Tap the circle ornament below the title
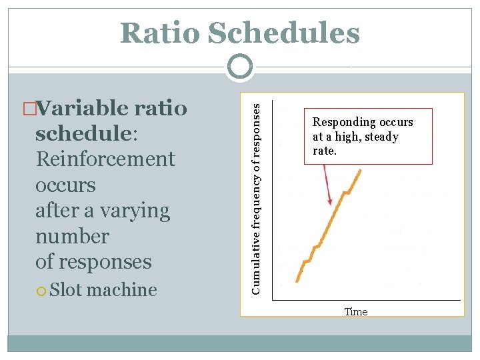(239, 67)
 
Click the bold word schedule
(84, 133)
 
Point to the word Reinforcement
(105, 159)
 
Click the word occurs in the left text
(65, 185)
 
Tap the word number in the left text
(72, 236)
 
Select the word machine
(122, 289)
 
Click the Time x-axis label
(356, 311)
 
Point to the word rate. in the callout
(325, 151)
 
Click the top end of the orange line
(361, 170)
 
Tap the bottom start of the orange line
(297, 281)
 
